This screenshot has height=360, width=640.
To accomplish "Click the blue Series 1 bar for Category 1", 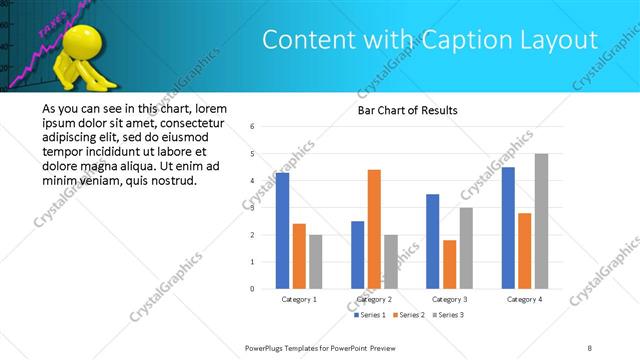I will point(282,230).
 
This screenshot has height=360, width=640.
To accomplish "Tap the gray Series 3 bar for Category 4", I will point(541,220).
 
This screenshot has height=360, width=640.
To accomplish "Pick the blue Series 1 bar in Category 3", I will point(432,240).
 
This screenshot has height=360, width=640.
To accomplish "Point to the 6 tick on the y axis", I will point(253,127).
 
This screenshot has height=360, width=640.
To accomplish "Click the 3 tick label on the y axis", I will point(253,208).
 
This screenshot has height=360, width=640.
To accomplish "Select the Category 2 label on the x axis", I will point(374,299).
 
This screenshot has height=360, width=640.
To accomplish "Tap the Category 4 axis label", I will point(524,299).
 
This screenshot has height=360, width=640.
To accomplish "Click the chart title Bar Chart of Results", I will point(408,110).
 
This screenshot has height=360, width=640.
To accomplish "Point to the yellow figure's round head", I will point(77,45).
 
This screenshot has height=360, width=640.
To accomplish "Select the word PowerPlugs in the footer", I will point(267,347).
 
